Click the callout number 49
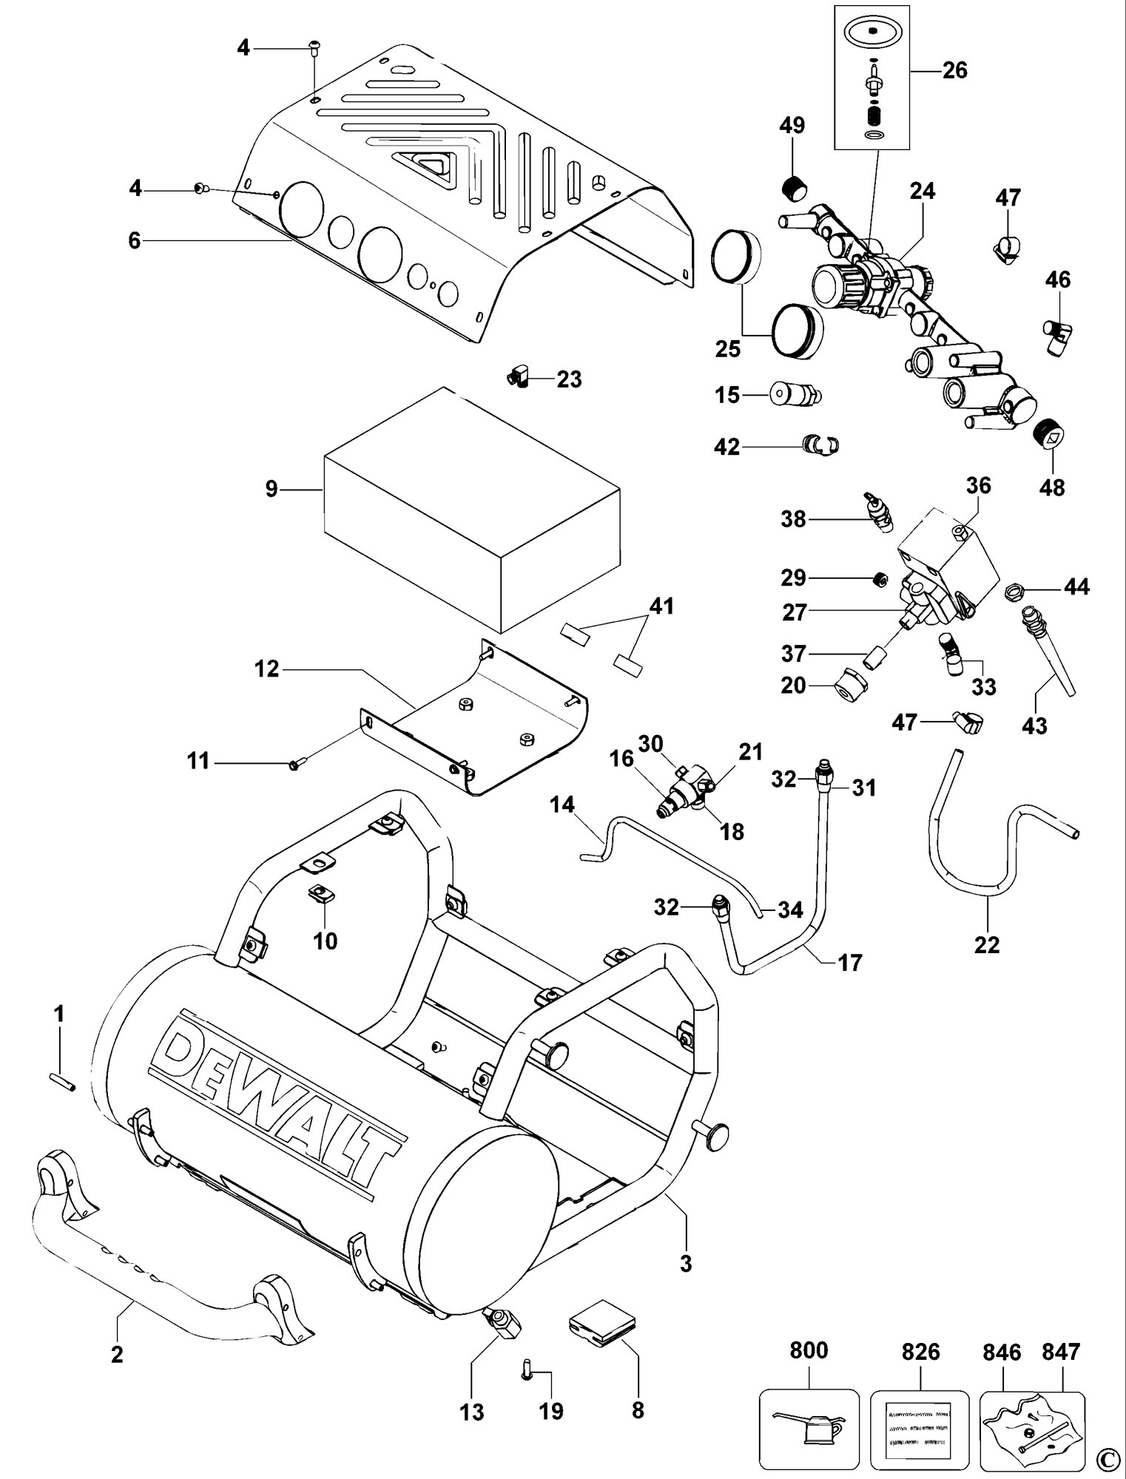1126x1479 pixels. click(x=792, y=125)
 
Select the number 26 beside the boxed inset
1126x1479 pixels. click(x=954, y=70)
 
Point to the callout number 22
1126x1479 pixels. click(x=988, y=944)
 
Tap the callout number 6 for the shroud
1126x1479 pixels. click(x=134, y=240)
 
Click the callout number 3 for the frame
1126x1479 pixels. click(x=686, y=1263)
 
